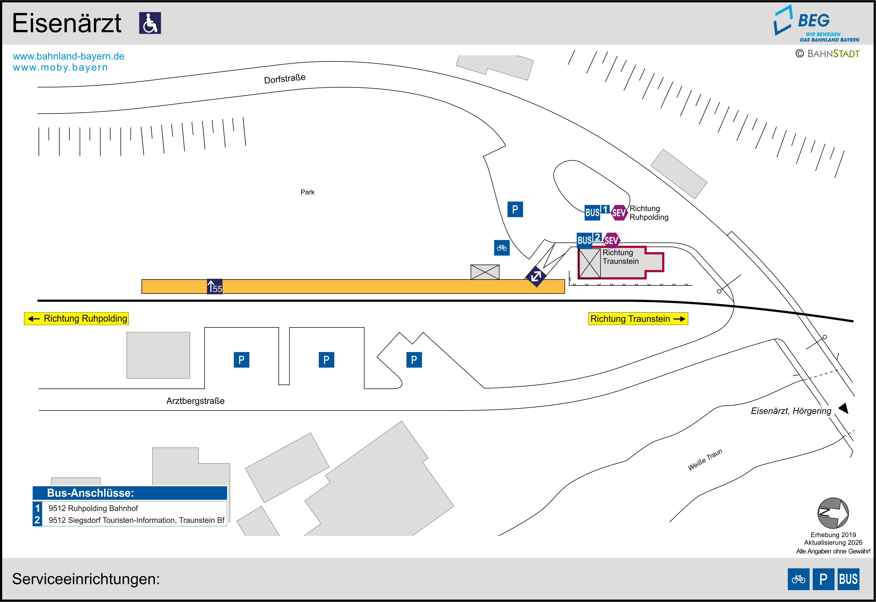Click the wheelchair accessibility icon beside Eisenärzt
point(150,23)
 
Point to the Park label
point(307,192)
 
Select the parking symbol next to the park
point(515,209)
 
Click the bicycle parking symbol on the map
point(502,248)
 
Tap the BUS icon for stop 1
point(592,213)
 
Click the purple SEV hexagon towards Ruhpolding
point(619,213)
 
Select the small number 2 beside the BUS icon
point(598,237)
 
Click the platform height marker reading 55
point(215,287)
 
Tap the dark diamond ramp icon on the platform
point(536,276)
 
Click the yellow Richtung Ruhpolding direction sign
point(76,318)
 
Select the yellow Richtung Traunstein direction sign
point(638,319)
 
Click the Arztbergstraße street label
point(195,401)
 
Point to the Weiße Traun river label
point(705,460)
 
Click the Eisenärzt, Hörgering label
point(791,411)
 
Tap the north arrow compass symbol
point(833,513)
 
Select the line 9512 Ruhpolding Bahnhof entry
point(93,508)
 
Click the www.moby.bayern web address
point(60,68)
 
